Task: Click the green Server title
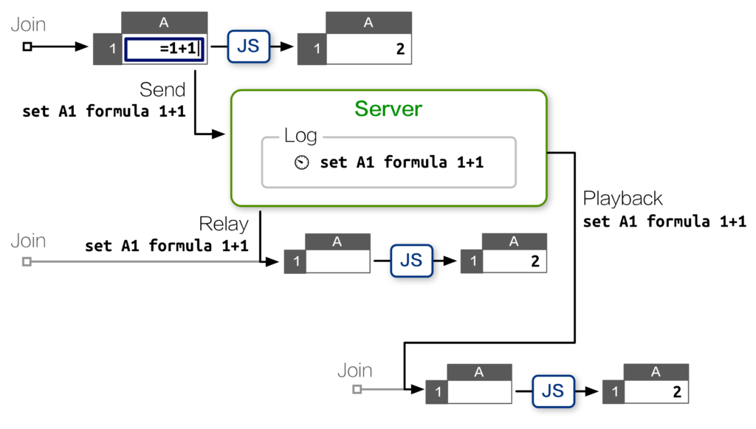pos(388,109)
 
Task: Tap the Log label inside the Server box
pos(300,136)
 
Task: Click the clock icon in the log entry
pos(301,162)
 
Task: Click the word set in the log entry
pos(333,162)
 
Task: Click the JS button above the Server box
pos(248,47)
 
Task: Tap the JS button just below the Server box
pos(410,259)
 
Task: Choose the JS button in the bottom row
pos(553,391)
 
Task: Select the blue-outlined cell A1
pos(165,49)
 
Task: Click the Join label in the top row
pos(28,25)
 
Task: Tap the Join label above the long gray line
pos(28,241)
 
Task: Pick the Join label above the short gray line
pos(355,371)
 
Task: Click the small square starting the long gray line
pos(27,261)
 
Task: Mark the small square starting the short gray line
pos(357,389)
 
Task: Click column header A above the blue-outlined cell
pos(164,23)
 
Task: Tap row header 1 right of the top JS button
pos(317,49)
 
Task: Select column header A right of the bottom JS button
pos(656,373)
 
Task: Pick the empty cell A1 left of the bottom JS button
pos(480,392)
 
